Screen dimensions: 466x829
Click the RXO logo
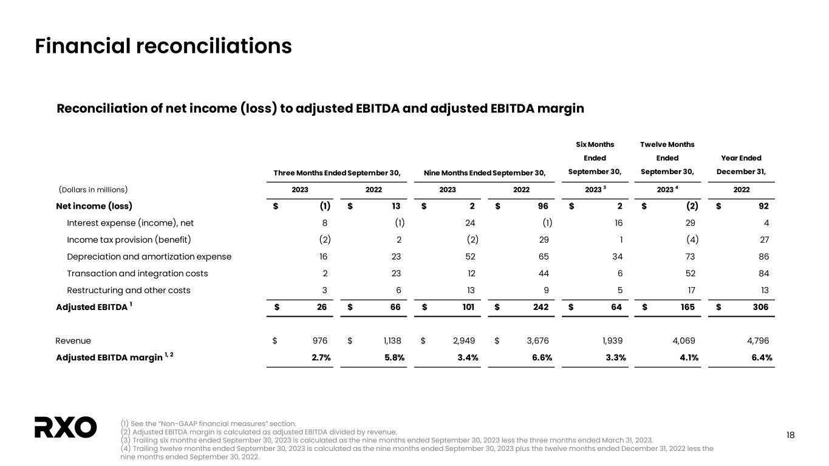[66, 427]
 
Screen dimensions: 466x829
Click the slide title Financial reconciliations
[163, 46]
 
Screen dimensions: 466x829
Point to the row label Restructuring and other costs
[128, 290]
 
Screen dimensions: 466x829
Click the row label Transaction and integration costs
[137, 274]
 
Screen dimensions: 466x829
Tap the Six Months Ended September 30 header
[595, 158]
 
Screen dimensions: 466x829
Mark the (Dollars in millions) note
[93, 189]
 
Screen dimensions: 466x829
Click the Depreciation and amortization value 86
[763, 257]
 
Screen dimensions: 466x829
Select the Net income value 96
[542, 206]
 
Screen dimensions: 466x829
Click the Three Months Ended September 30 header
[336, 172]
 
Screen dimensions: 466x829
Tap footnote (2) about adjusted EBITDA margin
[259, 431]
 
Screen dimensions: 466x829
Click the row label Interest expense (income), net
[130, 223]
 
